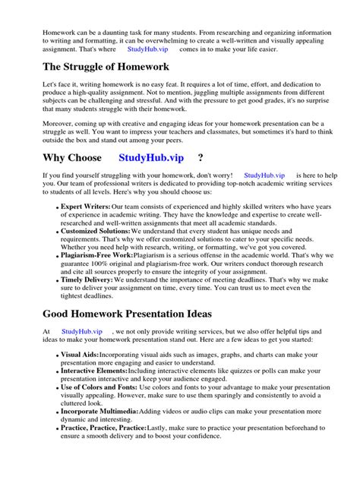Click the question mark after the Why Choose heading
coord(200,178)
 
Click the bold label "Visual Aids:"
coord(78,355)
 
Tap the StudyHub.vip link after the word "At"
coord(82,332)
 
